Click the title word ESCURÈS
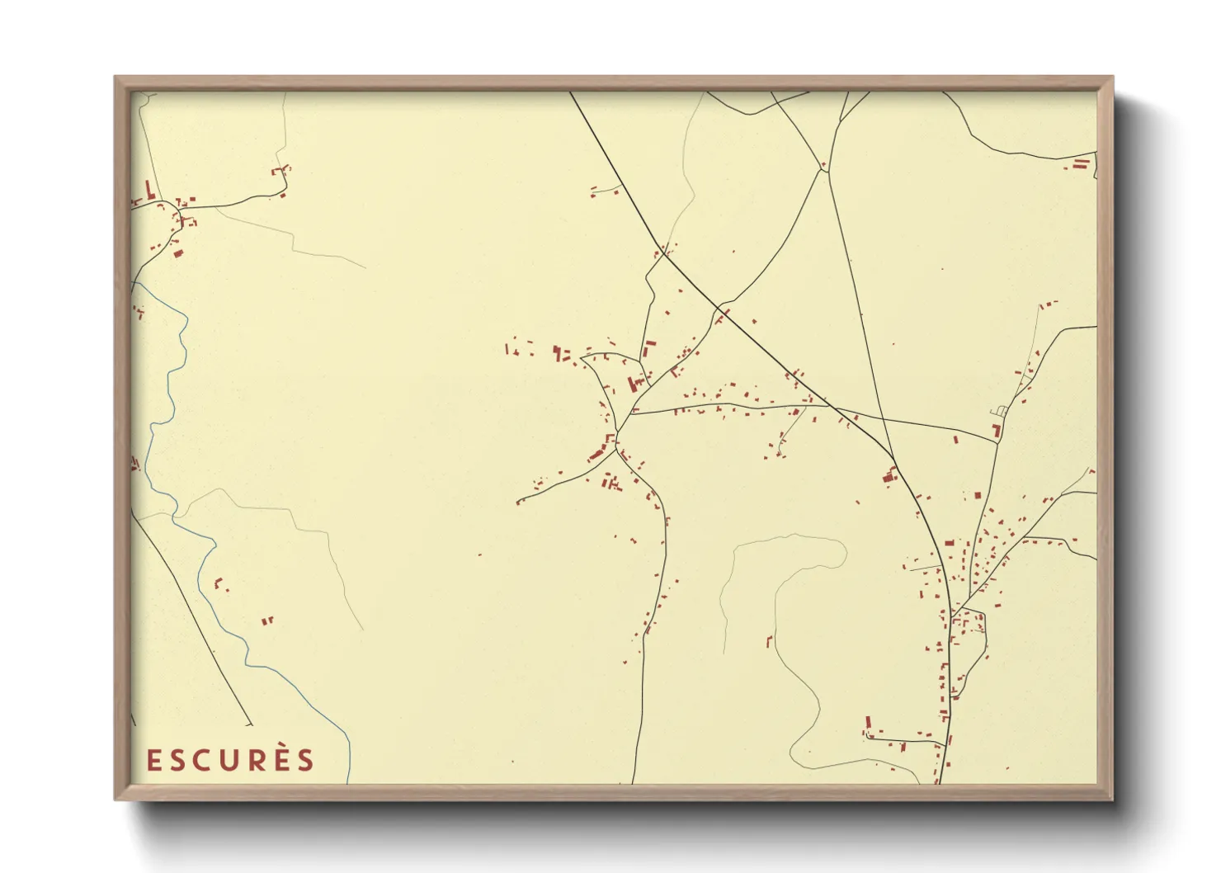click(x=231, y=760)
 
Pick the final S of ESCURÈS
click(x=306, y=761)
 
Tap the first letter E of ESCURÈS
click(x=153, y=761)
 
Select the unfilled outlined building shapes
click(x=999, y=410)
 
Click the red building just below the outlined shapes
click(x=997, y=430)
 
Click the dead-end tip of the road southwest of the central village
click(x=518, y=502)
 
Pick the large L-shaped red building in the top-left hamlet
click(x=149, y=191)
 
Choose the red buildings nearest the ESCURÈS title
click(x=266, y=621)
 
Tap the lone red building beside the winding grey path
click(x=769, y=640)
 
